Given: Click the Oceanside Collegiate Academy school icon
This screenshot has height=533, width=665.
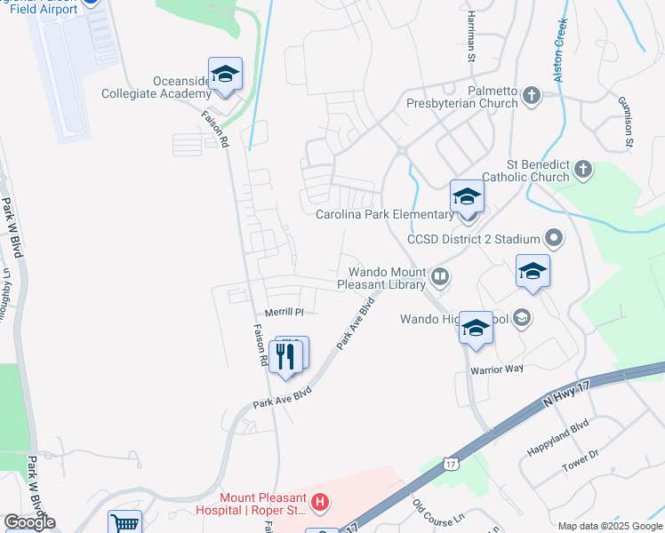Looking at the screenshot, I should [225, 75].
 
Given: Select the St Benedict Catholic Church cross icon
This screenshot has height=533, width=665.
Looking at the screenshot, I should [582, 169].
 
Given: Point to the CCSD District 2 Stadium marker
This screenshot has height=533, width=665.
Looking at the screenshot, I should [555, 238].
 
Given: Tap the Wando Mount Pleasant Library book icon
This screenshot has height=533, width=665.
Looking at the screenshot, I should [439, 278].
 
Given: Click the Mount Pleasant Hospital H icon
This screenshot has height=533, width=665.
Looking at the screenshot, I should [320, 504].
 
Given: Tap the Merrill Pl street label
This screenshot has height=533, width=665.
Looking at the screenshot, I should [284, 313].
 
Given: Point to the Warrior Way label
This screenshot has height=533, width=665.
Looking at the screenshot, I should [497, 369].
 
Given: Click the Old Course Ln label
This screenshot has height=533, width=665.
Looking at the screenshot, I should [439, 511].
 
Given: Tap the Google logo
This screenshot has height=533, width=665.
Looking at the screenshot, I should [30, 522].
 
